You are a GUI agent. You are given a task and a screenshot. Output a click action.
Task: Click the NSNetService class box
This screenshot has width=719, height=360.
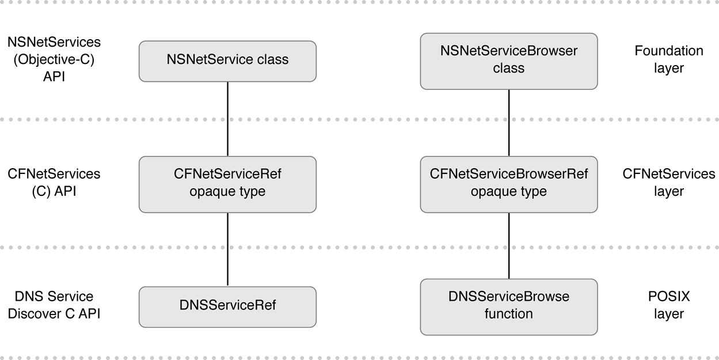(227, 60)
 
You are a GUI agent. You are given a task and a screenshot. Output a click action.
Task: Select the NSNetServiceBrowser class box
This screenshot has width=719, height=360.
(508, 60)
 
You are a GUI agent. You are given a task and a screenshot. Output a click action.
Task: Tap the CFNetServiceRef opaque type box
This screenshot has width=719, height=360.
(227, 184)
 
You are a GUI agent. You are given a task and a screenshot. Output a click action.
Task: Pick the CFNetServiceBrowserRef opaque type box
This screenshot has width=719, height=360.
(508, 184)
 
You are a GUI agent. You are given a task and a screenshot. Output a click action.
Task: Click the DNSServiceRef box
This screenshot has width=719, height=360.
(227, 306)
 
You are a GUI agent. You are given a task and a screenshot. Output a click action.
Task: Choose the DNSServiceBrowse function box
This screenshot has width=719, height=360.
(508, 306)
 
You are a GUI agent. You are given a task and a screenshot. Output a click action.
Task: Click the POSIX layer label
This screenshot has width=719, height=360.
(668, 305)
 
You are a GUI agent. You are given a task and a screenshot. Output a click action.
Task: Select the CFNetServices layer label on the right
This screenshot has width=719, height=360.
(668, 183)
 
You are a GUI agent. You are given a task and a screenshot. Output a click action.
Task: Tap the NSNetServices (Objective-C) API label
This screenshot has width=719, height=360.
(54, 59)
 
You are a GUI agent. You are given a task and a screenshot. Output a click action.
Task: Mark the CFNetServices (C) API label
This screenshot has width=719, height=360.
(54, 183)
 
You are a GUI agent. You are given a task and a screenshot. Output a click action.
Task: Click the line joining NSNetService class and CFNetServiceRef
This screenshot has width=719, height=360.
(227, 119)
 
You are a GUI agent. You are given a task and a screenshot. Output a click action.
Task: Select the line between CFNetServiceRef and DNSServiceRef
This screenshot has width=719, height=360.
(227, 249)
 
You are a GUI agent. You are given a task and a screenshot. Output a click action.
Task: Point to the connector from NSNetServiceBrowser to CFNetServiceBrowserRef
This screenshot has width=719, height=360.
(508, 122)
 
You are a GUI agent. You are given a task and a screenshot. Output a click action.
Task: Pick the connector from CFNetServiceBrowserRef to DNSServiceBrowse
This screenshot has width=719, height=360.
(508, 245)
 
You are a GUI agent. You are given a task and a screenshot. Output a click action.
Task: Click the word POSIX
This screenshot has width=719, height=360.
(668, 297)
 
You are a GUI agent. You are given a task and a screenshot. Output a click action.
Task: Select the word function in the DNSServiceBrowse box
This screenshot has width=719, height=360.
(508, 314)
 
